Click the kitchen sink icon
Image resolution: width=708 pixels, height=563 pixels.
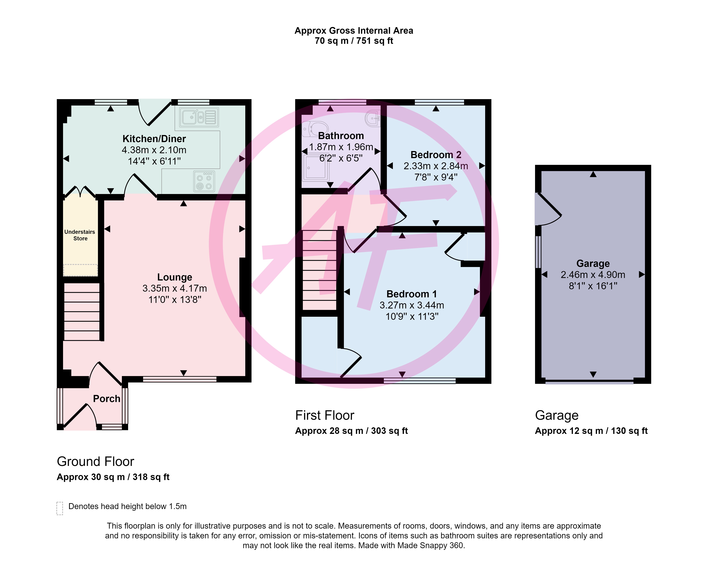(x=199, y=117)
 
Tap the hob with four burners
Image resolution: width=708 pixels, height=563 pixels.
(x=204, y=181)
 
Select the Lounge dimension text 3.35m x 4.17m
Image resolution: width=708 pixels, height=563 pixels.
(x=175, y=288)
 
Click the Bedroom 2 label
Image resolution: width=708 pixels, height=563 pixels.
(x=436, y=155)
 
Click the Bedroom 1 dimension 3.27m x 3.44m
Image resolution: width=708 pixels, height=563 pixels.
(x=412, y=305)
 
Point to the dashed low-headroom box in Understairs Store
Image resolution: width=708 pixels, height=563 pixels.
(x=80, y=270)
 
